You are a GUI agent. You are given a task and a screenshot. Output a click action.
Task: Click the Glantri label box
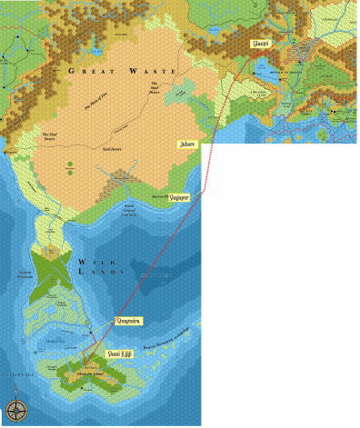[x=260, y=44]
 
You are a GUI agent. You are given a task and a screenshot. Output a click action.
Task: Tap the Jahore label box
[x=186, y=143]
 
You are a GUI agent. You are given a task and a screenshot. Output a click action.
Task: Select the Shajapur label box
[x=185, y=195]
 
